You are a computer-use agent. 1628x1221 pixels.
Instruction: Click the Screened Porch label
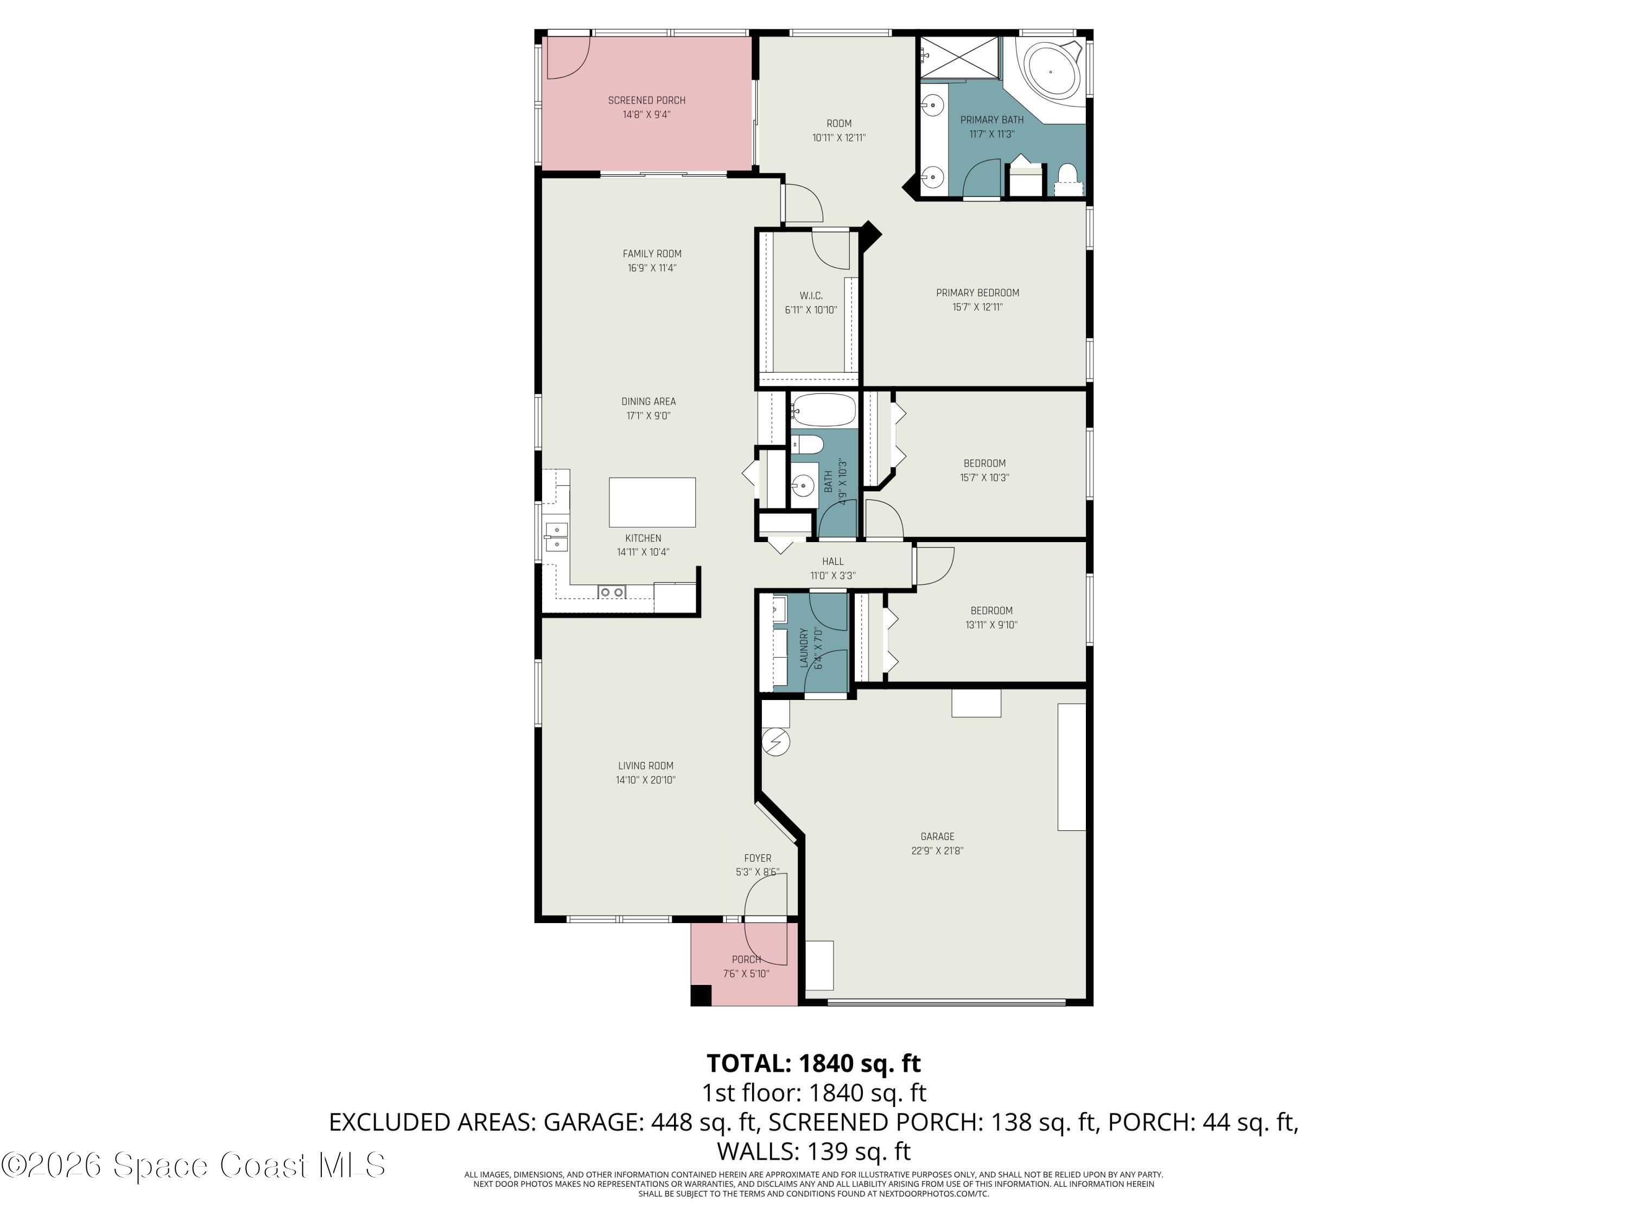[646, 100]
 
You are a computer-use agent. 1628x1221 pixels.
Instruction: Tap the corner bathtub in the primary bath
[1050, 72]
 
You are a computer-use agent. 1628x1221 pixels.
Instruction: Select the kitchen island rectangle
[652, 502]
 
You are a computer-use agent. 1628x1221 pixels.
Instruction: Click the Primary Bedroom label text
[977, 293]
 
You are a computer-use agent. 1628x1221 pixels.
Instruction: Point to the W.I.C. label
[811, 296]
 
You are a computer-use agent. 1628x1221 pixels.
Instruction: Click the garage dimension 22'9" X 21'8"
[937, 851]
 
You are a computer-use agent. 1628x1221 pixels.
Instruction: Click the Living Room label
[645, 765]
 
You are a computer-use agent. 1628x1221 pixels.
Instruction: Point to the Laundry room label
[804, 647]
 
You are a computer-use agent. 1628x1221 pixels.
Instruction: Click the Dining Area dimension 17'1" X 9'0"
[648, 416]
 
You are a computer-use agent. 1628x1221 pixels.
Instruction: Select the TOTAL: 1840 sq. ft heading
[813, 1063]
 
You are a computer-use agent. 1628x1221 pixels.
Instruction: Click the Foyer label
[758, 858]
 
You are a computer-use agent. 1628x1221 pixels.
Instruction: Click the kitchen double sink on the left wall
[556, 537]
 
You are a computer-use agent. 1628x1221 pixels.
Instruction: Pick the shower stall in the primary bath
[961, 56]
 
